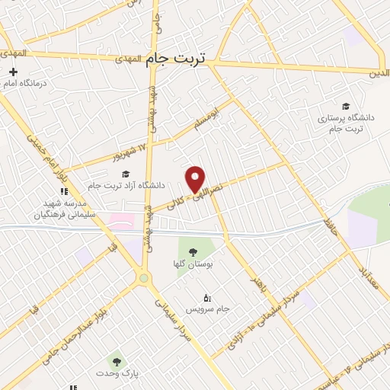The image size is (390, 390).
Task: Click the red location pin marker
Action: pos(196,179)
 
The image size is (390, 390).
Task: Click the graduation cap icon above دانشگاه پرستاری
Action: pos(347,106)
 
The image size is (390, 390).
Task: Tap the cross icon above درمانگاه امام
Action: pos(13,71)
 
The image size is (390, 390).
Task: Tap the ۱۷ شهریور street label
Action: pos(137,145)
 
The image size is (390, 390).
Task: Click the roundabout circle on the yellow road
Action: pos(143,279)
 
